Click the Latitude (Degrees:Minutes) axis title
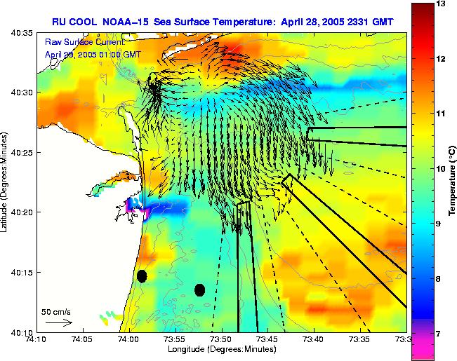tap(5, 182)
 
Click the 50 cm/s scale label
tap(56, 311)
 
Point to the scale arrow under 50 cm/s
tap(58, 322)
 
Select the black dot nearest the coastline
tap(142, 276)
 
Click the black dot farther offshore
tap(199, 290)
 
